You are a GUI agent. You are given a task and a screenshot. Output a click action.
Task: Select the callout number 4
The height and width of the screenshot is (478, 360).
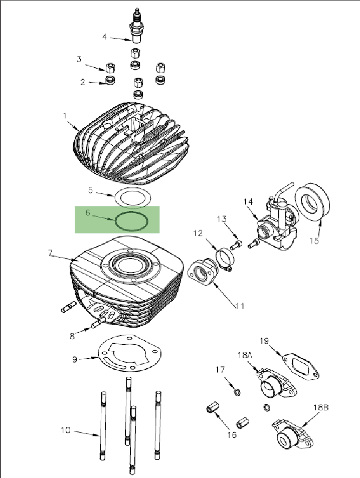[105, 37]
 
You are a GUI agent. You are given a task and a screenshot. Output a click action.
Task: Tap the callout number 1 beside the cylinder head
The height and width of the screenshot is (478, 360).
[65, 116]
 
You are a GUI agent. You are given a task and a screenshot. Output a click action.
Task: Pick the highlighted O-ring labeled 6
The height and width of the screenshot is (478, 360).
[132, 221]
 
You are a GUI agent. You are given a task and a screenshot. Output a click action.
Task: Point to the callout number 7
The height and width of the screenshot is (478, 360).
[50, 253]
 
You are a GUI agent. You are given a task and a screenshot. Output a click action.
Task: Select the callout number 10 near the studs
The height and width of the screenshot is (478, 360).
[65, 429]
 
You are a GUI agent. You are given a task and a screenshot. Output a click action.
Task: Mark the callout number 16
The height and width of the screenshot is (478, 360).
[231, 434]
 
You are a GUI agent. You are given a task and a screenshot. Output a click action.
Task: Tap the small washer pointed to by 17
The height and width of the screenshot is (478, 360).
[237, 391]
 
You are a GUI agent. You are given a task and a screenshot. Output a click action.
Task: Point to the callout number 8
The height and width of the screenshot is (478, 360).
[72, 336]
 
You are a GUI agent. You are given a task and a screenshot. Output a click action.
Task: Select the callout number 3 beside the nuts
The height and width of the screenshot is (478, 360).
[79, 59]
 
